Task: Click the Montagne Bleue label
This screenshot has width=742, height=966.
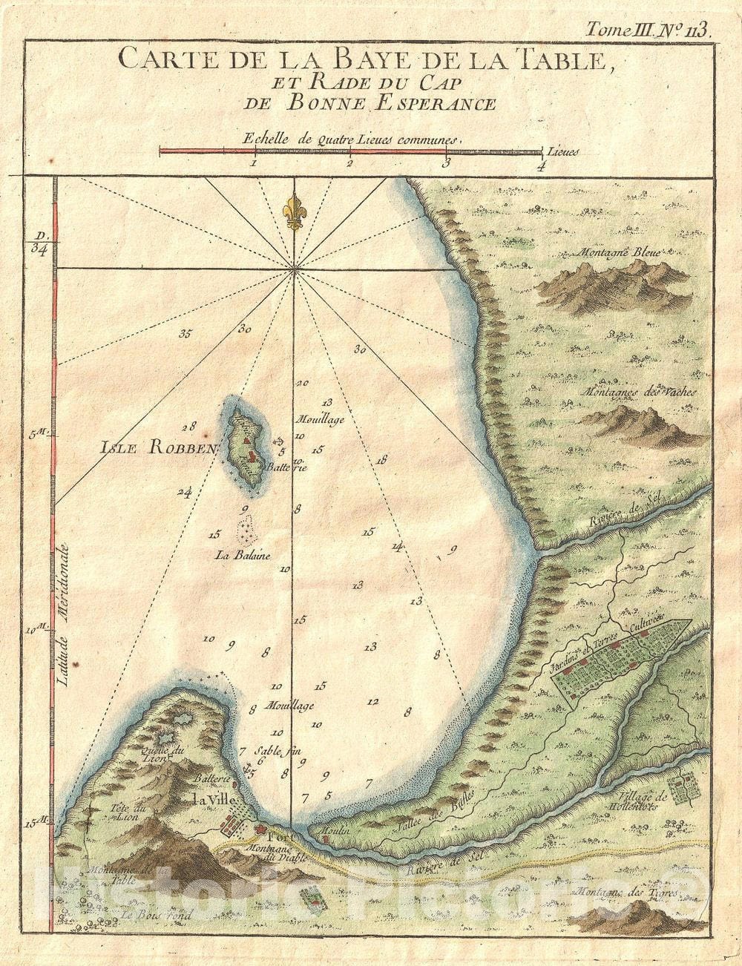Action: coord(620,252)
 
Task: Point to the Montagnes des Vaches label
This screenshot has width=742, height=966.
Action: coord(640,391)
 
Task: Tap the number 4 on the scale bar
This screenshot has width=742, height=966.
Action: coord(541,166)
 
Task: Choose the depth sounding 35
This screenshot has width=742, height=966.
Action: coord(185,333)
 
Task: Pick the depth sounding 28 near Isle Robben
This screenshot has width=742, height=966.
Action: coord(188,427)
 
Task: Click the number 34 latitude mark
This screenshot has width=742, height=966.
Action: coord(40,249)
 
